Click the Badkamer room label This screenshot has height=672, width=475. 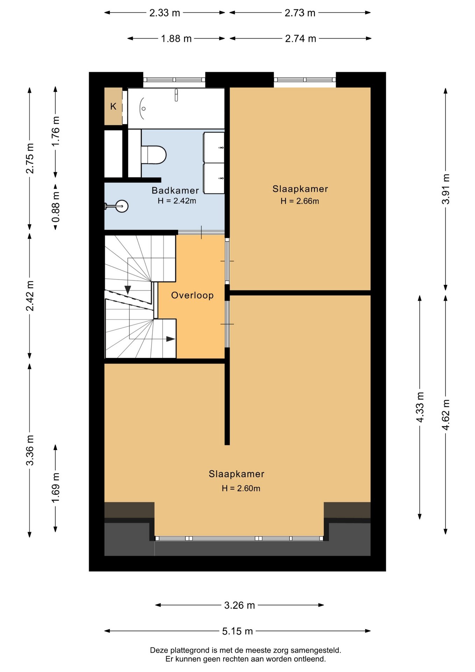click(175, 190)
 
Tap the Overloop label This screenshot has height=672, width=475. click(192, 295)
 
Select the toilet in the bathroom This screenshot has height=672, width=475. click(153, 155)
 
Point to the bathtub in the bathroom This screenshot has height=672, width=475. click(176, 108)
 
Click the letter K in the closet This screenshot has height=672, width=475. click(113, 106)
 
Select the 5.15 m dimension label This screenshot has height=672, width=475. click(237, 631)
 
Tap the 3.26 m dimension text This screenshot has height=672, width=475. click(240, 605)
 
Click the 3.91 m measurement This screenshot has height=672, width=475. click(446, 189)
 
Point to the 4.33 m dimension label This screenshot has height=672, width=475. click(420, 407)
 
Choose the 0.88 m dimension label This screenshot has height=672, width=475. click(56, 207)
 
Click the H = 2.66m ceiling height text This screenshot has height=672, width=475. click(300, 201)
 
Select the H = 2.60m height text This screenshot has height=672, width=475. click(241, 488)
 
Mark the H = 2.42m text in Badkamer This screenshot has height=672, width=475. click(177, 201)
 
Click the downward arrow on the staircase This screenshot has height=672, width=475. click(128, 290)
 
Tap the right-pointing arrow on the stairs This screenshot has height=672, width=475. click(170, 339)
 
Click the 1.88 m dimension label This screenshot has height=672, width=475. click(176, 38)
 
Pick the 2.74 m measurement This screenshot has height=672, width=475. click(300, 38)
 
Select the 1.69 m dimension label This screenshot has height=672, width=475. click(56, 488)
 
